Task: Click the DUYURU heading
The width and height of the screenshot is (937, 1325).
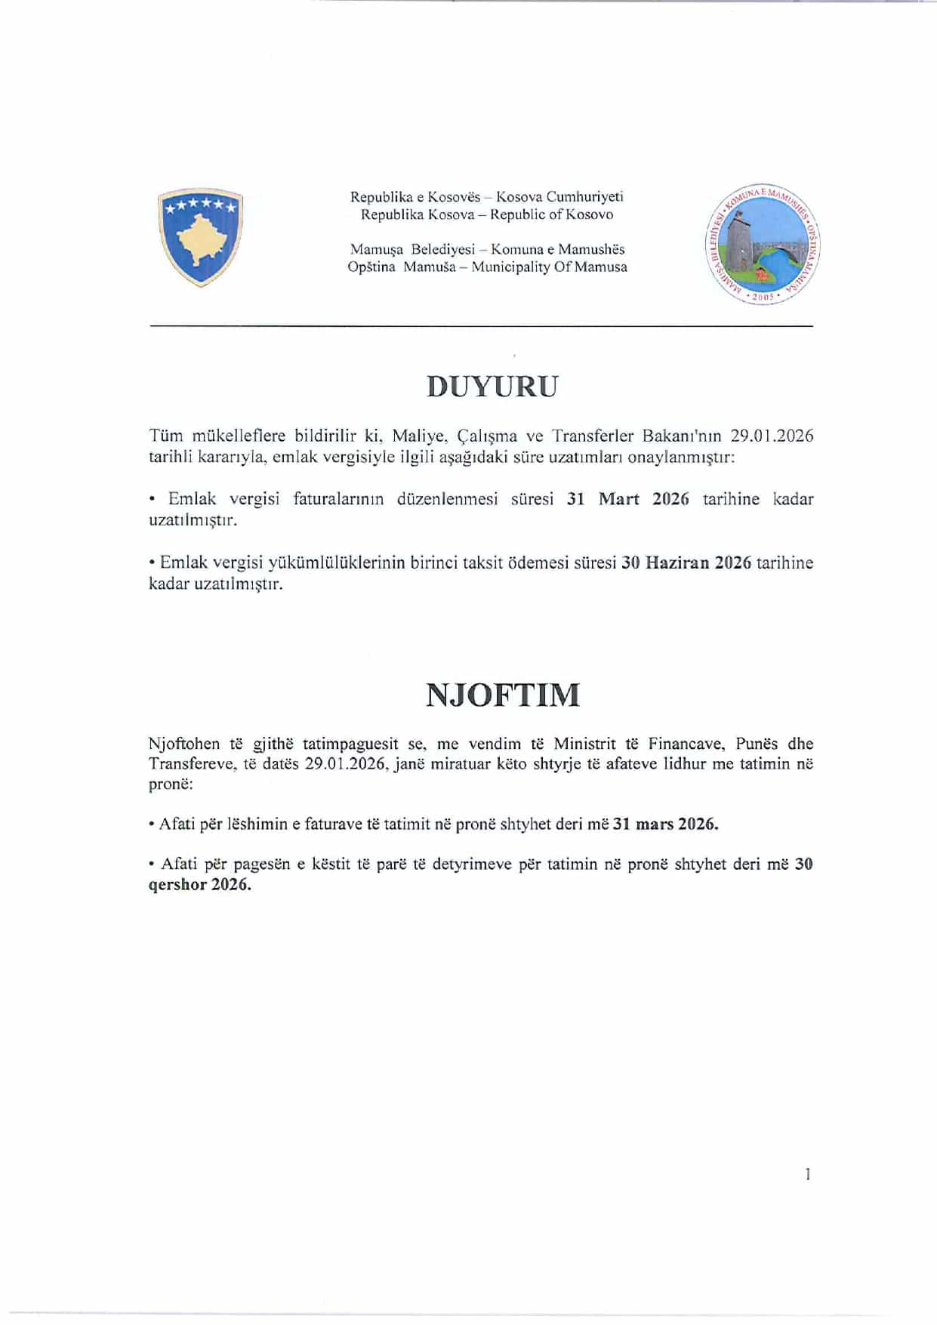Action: click(x=492, y=387)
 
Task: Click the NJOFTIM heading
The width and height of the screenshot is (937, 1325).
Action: click(x=503, y=695)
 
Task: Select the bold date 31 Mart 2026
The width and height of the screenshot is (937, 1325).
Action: click(x=627, y=499)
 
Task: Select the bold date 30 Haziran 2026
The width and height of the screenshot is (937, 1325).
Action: click(x=686, y=562)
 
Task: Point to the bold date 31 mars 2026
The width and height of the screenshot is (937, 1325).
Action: click(x=665, y=824)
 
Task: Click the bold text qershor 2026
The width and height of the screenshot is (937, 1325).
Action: click(x=200, y=885)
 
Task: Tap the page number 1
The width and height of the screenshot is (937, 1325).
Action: click(x=807, y=1174)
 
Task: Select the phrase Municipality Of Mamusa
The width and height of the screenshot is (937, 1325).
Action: click(x=549, y=267)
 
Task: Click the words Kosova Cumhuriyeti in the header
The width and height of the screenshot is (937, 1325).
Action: click(x=559, y=197)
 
